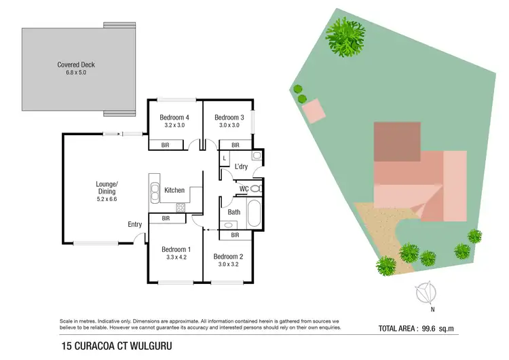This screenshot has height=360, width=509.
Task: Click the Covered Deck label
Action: point(76,65)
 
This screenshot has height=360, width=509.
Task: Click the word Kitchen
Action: point(174,190)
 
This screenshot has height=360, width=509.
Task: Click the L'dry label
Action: point(241,166)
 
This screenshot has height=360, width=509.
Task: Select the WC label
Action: point(244,189)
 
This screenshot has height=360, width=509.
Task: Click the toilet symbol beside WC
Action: point(256,189)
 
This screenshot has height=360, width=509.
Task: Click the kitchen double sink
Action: point(154,191)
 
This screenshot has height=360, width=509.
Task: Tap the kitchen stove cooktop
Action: point(181,208)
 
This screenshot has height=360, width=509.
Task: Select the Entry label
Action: point(134,225)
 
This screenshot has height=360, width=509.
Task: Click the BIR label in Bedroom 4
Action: point(166,145)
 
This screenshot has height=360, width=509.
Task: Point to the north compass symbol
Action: point(427,293)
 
